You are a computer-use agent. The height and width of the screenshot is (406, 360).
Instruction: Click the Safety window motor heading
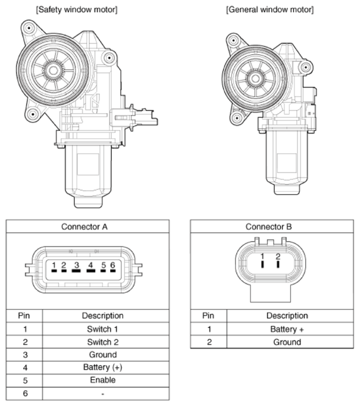[77, 10]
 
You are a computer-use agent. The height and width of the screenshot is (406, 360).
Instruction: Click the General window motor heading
[270, 10]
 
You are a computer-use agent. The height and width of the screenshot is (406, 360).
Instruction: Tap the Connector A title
[84, 227]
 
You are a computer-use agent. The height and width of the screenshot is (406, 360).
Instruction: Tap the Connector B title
[268, 227]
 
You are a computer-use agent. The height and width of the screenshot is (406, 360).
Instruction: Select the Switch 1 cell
[102, 329]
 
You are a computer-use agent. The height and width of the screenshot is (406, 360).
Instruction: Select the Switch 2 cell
[102, 342]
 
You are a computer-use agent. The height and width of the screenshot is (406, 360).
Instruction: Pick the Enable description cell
[103, 380]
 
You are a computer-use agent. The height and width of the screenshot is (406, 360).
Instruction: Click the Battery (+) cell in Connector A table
[102, 367]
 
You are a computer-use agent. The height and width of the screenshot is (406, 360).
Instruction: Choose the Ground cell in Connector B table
[287, 342]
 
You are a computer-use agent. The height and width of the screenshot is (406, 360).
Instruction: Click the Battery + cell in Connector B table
[287, 329]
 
